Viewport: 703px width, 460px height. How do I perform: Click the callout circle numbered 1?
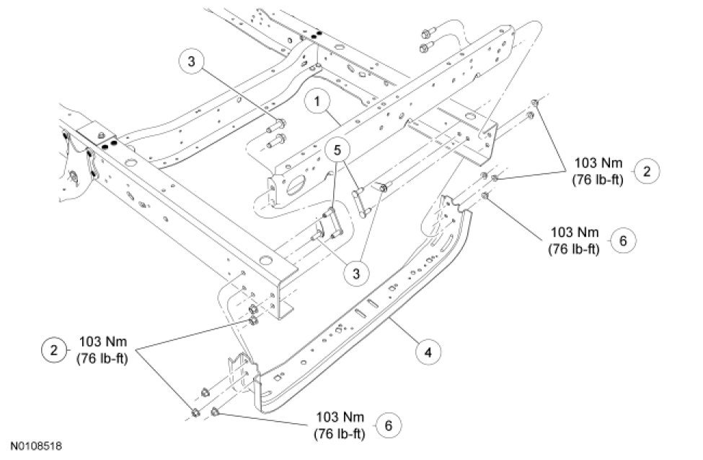pyautogui.click(x=317, y=101)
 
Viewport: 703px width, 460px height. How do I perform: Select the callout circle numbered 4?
pyautogui.click(x=428, y=352)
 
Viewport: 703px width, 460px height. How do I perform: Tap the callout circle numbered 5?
pyautogui.click(x=338, y=150)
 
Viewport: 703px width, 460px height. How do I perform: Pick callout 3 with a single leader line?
pyautogui.click(x=192, y=61)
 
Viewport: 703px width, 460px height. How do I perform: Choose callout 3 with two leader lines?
pyautogui.click(x=356, y=273)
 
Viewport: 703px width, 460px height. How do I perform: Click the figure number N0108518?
pyautogui.click(x=37, y=446)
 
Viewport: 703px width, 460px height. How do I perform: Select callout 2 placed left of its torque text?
pyautogui.click(x=54, y=350)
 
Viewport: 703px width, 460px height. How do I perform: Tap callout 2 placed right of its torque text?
pyautogui.click(x=646, y=171)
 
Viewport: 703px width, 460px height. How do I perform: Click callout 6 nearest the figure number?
pyautogui.click(x=388, y=425)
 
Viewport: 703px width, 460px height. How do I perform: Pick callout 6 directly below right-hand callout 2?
pyautogui.click(x=623, y=240)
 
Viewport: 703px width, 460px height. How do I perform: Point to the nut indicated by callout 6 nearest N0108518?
pyautogui.click(x=214, y=411)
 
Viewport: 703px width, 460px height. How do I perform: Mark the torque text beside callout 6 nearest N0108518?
pyautogui.click(x=340, y=425)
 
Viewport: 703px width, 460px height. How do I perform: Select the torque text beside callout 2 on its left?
pyautogui.click(x=102, y=350)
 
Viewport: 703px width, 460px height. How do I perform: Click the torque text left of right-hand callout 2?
pyautogui.click(x=598, y=171)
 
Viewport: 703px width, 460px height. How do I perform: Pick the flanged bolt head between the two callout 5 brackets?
pyautogui.click(x=384, y=187)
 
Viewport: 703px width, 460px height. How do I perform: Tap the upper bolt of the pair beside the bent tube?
pyautogui.click(x=426, y=32)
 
